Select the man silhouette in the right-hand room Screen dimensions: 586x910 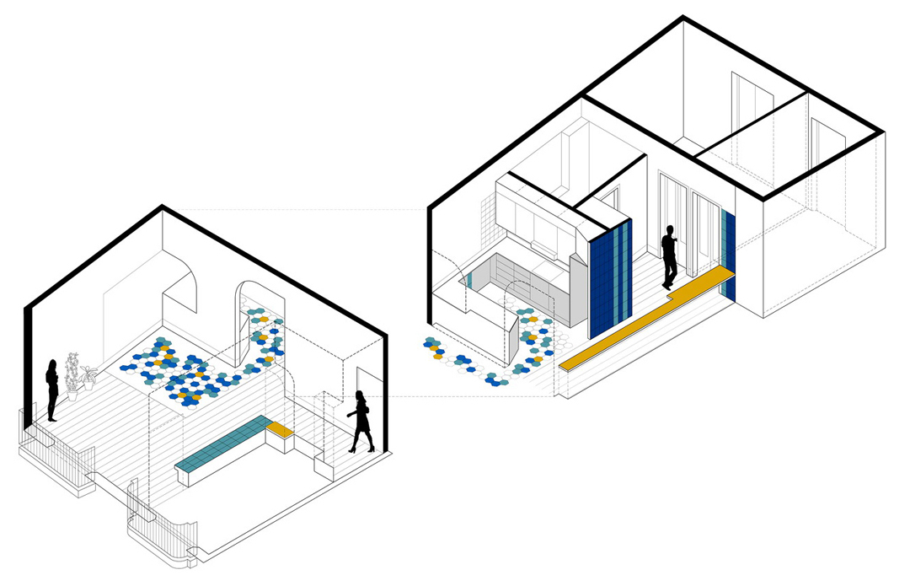670,257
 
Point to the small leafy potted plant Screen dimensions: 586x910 88,377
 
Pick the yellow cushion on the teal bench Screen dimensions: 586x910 280,429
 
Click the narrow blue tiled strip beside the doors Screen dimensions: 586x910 729,253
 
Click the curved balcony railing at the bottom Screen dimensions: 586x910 160,531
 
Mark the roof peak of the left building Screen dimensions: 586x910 162,207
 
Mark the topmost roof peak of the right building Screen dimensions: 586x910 683,18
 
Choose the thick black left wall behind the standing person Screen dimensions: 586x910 30,363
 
